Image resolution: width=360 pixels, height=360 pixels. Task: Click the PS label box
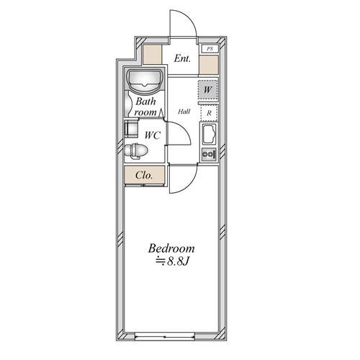click(x=210, y=49)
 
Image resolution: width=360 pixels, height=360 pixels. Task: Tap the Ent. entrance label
click(x=182, y=58)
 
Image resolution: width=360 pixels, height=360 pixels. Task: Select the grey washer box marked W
click(x=208, y=90)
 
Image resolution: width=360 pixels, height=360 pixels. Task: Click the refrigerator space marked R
click(x=209, y=113)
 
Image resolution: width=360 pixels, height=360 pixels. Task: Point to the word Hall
click(x=184, y=112)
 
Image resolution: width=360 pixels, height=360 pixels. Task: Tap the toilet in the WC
click(x=136, y=151)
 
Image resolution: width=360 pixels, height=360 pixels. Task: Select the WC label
click(x=152, y=135)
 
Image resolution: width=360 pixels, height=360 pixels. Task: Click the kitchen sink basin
click(x=209, y=135)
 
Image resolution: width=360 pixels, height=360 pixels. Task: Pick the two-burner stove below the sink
click(x=209, y=154)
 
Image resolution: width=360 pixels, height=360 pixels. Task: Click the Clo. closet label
click(x=144, y=175)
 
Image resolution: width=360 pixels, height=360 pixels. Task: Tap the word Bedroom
click(x=171, y=248)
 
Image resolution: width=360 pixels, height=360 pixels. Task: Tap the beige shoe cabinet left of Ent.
click(x=153, y=55)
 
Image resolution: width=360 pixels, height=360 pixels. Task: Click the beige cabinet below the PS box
click(x=209, y=65)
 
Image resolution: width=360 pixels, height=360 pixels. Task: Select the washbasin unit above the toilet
click(x=131, y=129)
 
